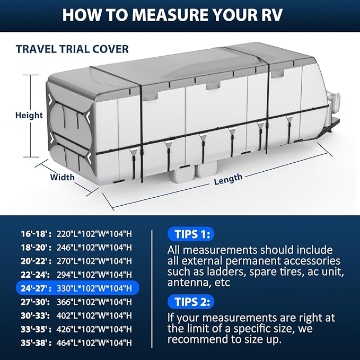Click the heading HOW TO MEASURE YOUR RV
(180, 14)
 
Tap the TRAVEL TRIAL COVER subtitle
(72, 49)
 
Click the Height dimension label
(29, 115)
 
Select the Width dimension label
(62, 177)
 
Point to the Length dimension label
(228, 180)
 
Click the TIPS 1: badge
(190, 234)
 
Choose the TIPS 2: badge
(190, 302)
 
